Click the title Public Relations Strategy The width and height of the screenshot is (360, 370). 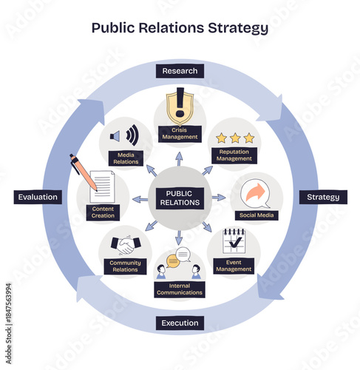180,28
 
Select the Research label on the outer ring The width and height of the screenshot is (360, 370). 180,71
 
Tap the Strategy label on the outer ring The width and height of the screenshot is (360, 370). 323,197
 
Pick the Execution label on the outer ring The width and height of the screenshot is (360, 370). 180,323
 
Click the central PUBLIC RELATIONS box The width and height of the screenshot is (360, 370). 180,198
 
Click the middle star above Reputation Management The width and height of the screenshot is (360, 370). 234,138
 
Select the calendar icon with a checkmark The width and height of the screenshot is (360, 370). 234,240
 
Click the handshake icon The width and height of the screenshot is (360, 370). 123,244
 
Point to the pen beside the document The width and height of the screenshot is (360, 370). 84,172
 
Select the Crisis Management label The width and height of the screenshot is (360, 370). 180,132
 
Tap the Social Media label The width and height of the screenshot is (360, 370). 256,215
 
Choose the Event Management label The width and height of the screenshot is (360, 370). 234,266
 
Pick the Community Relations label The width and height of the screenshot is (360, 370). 124,266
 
